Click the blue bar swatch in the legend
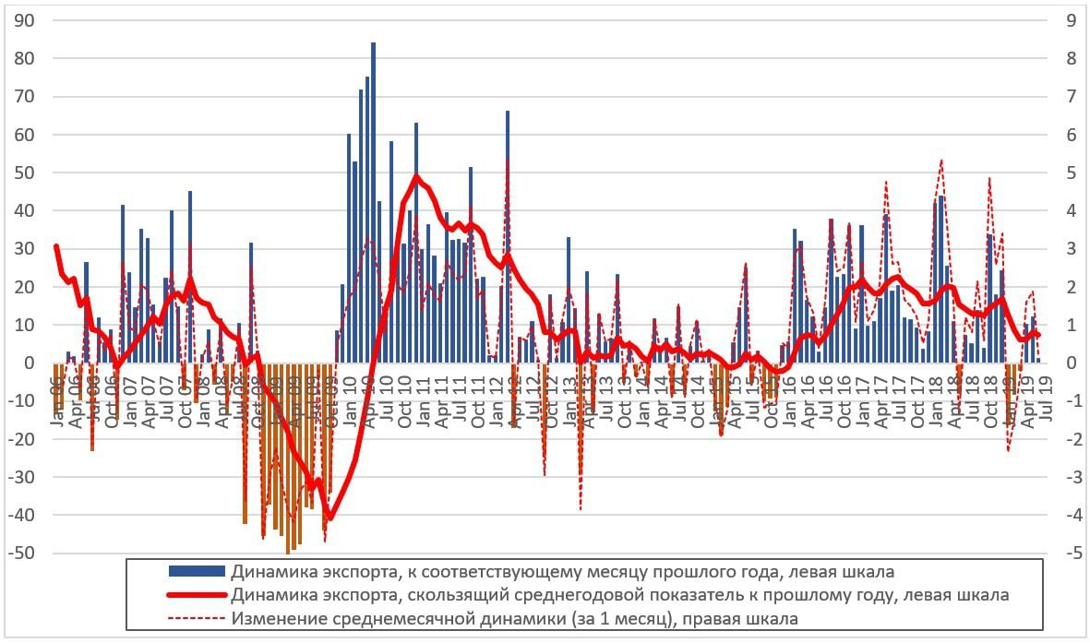coord(197,572)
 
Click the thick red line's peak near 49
coord(416,176)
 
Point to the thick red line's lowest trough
coord(329,519)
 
